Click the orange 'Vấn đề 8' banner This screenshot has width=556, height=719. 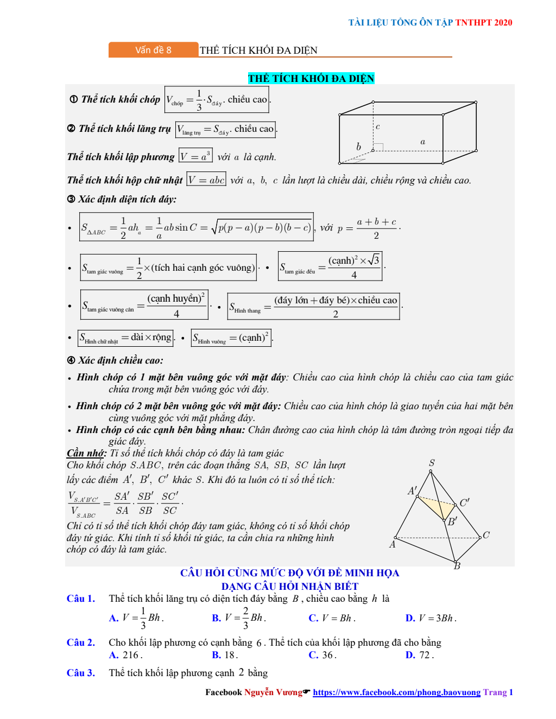[x=153, y=50]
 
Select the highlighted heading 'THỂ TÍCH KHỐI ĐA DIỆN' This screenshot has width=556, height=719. [x=311, y=78]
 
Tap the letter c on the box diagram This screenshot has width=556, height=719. [x=378, y=126]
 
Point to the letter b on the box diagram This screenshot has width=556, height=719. [x=358, y=147]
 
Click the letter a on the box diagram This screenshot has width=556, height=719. [x=422, y=142]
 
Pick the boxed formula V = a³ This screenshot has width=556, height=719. [x=195, y=156]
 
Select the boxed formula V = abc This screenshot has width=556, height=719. [x=206, y=180]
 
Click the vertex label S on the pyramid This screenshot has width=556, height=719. [x=432, y=463]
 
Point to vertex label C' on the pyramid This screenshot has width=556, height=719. [x=464, y=502]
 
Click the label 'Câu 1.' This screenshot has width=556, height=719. [x=80, y=599]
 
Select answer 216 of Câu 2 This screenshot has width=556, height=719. [x=131, y=655]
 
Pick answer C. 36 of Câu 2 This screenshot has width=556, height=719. [x=323, y=655]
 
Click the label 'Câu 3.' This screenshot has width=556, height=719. [x=80, y=673]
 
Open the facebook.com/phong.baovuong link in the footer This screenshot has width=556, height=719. [x=396, y=692]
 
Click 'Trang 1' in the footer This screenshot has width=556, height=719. [x=498, y=692]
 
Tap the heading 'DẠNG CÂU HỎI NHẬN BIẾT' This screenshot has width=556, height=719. [x=289, y=586]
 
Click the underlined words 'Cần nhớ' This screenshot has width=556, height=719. [x=86, y=453]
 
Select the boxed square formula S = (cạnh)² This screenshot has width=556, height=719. [x=231, y=338]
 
